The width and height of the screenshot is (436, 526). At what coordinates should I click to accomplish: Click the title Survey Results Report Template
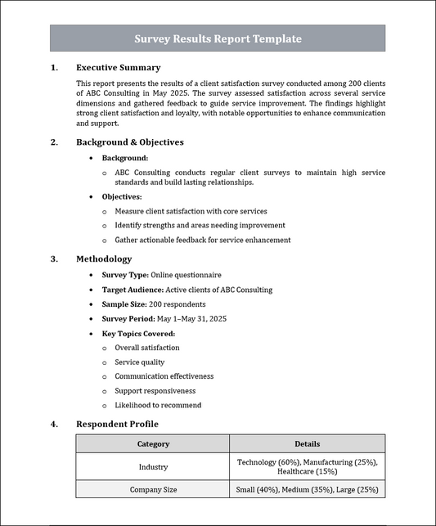click(218, 38)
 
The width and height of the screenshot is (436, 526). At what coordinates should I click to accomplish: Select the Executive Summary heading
click(118, 68)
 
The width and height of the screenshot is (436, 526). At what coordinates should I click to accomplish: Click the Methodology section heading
click(104, 259)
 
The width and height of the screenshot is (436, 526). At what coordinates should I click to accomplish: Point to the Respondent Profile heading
click(117, 424)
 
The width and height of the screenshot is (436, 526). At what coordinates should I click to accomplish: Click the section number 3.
click(54, 259)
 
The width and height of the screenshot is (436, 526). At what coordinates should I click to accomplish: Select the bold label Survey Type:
click(125, 275)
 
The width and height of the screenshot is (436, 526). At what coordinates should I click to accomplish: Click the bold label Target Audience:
click(133, 290)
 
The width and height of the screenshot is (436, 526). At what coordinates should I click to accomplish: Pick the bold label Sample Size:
click(127, 304)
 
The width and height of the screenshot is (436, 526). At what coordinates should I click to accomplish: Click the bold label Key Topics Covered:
click(138, 334)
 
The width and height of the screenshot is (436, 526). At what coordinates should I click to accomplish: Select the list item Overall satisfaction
click(147, 348)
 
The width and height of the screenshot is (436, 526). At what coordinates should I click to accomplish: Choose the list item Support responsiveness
click(155, 391)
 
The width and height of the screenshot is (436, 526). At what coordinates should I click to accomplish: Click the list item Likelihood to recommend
click(158, 405)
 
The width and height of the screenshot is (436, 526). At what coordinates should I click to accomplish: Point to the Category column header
click(153, 444)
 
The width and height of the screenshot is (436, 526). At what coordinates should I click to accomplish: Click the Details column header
click(308, 444)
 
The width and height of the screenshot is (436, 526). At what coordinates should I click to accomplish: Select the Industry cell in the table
click(153, 467)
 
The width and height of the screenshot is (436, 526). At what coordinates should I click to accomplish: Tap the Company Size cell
click(153, 489)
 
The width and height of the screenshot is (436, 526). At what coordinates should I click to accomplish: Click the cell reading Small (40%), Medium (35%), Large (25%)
click(308, 489)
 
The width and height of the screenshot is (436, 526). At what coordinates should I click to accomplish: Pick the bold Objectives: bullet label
click(122, 197)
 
